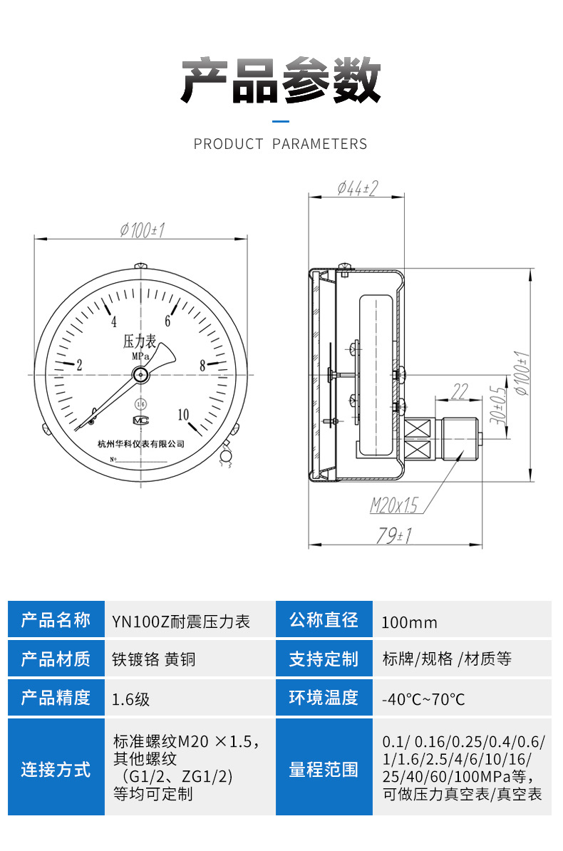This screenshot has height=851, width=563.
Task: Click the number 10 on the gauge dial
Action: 183,415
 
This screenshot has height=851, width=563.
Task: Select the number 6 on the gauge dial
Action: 170,321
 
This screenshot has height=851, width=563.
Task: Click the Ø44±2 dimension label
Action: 356,188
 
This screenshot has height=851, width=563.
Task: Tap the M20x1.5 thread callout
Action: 393,505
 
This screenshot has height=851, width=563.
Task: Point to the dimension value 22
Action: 460,391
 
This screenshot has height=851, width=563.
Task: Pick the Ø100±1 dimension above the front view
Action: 142,229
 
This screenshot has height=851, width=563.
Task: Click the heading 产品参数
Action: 281,80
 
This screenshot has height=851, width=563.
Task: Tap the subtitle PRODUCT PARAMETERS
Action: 281,144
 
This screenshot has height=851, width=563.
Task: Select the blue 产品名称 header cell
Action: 56,619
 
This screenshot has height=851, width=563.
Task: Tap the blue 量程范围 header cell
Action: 324,770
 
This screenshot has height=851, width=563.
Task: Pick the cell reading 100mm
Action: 409,622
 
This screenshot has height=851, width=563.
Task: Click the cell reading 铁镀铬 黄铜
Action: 154,659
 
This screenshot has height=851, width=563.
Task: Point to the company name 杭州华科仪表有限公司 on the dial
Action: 141,443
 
